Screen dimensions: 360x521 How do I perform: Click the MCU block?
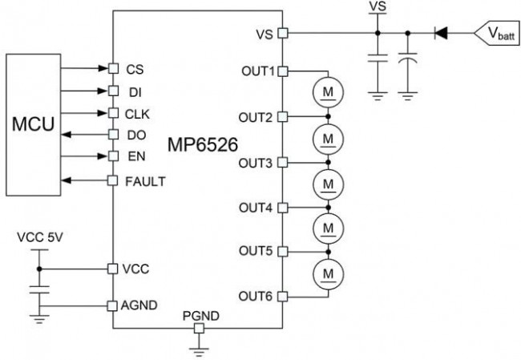[31, 126]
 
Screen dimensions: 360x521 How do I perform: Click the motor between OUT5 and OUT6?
[328, 275]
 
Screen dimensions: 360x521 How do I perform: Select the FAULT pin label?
[145, 180]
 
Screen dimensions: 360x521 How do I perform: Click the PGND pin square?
[200, 327]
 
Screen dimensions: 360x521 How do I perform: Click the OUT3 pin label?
[257, 162]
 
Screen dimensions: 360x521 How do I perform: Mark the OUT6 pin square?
[283, 297]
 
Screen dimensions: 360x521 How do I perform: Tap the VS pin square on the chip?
[283, 34]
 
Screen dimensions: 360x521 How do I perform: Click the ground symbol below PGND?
[200, 347]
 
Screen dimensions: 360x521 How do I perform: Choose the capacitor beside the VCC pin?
[37, 288]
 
